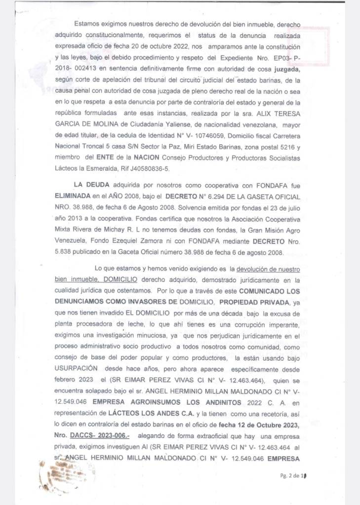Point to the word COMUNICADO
coord(252,292)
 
